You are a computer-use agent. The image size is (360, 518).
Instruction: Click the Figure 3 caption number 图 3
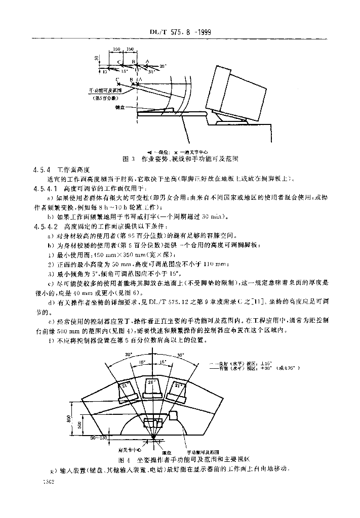pyautogui.click(x=128, y=158)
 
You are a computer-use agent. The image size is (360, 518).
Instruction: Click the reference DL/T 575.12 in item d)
pyautogui.click(x=201, y=302)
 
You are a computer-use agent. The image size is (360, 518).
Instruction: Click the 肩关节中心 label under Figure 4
pyautogui.click(x=129, y=449)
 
